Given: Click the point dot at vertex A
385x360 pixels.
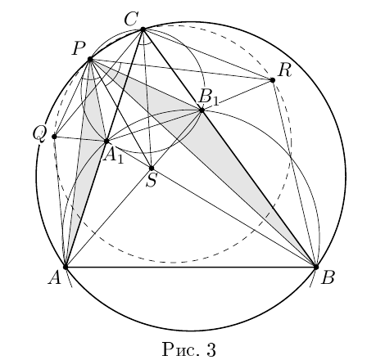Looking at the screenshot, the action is (x=66, y=267).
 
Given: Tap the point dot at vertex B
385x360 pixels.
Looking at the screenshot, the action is (x=316, y=267).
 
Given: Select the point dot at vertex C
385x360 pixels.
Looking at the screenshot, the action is (x=143, y=29).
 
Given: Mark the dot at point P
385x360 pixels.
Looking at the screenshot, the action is (x=90, y=59).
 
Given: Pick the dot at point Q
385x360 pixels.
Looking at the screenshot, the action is (x=54, y=137).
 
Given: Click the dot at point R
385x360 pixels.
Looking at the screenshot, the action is (x=272, y=80).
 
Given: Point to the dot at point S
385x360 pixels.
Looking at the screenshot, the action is (x=152, y=168).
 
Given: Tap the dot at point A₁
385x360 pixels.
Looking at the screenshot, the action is (x=106, y=141).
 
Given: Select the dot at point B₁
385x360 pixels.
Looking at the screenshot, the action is (x=202, y=110).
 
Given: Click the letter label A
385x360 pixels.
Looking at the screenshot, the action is (x=55, y=278).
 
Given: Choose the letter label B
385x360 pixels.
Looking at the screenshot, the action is (x=328, y=278).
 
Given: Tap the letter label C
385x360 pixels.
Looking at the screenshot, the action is (x=131, y=19).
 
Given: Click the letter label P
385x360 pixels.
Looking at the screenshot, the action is (x=79, y=48).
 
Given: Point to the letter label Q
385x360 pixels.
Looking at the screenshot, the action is (x=38, y=135).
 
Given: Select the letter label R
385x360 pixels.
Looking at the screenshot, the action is (x=285, y=70).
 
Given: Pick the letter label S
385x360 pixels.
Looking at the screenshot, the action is (x=152, y=180).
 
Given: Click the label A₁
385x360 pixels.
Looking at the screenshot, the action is (x=113, y=157).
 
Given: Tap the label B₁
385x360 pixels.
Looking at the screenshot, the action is (x=209, y=97).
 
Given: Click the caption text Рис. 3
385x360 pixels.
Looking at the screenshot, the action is (x=189, y=349).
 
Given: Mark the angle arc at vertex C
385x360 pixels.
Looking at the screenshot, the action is (x=145, y=43).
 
